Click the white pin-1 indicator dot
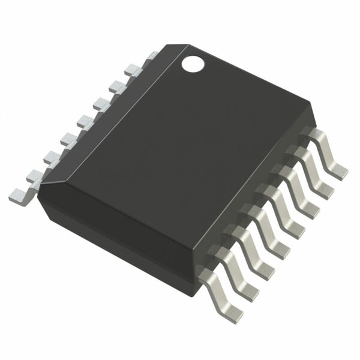click(x=193, y=62)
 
